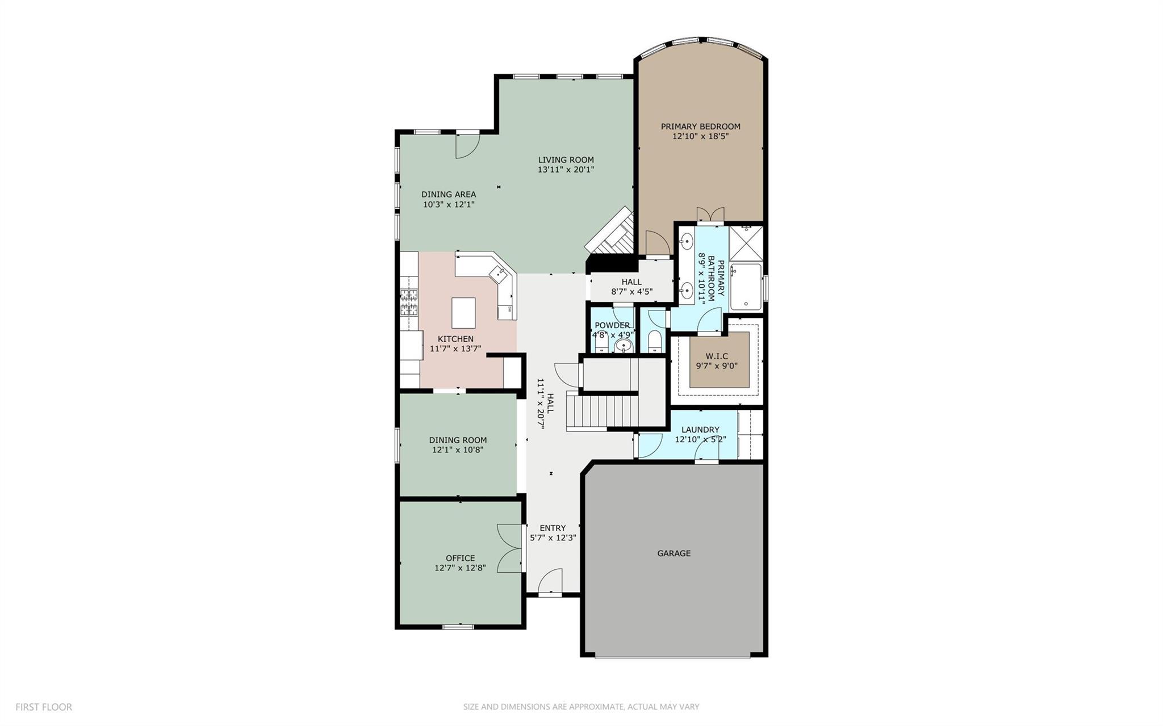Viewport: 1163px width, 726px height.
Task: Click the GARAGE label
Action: (673, 553)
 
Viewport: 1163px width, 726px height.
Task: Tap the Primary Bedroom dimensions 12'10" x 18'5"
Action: (700, 136)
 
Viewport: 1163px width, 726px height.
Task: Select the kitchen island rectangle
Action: (463, 310)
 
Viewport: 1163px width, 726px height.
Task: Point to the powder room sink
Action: (624, 346)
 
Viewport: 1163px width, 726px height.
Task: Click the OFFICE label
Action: (460, 558)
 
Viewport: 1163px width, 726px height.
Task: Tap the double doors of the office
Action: (509, 548)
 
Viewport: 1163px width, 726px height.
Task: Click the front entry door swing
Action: (549, 582)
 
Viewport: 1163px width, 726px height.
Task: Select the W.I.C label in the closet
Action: (717, 356)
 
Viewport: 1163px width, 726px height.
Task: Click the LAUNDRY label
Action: (700, 430)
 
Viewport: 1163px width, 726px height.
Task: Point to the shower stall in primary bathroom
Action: (746, 243)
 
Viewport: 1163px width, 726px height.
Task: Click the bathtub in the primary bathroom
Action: (746, 287)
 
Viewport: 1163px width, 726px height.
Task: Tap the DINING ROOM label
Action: (458, 440)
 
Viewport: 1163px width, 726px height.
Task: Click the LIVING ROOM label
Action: (566, 160)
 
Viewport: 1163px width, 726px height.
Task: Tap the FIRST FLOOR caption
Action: (44, 707)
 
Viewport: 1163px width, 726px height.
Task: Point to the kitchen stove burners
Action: (409, 302)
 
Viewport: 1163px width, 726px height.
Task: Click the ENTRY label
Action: (553, 528)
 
